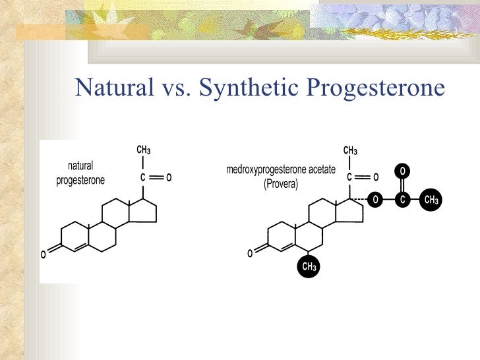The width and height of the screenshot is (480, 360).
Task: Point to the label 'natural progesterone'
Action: click(80, 173)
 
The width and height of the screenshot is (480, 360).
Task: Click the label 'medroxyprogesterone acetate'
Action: click(281, 170)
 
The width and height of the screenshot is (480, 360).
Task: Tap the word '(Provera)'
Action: click(281, 184)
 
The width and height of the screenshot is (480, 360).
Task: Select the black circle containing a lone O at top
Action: click(403, 172)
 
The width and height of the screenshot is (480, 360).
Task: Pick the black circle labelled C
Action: click(403, 199)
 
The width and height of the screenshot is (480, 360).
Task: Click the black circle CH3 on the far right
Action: click(431, 199)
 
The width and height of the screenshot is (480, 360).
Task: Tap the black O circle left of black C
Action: click(375, 199)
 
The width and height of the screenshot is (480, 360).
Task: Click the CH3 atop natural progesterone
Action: click(144, 150)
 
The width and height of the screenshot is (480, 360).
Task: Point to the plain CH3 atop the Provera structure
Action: click(350, 150)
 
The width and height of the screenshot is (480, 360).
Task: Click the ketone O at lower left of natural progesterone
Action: click(44, 254)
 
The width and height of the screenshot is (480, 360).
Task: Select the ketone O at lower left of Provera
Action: click(250, 254)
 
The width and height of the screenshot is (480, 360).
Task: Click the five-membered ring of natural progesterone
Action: click(144, 211)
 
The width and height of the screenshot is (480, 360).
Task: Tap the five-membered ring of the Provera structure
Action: click(351, 211)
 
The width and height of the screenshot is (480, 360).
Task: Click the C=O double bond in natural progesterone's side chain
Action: click(156, 177)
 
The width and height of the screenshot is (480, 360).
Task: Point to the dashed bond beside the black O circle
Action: click(359, 198)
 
